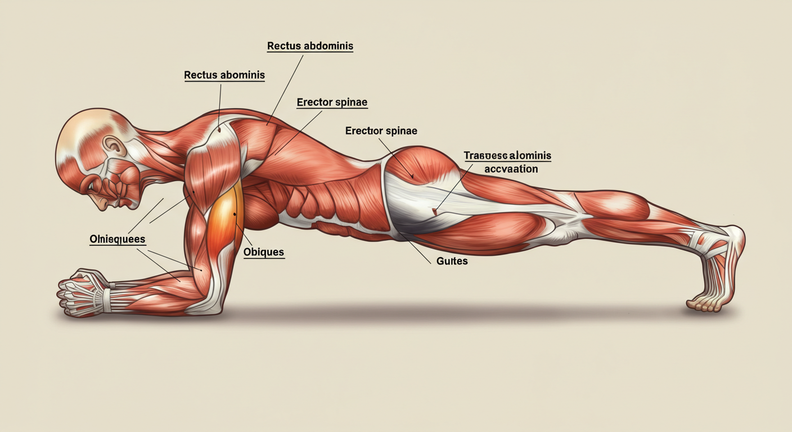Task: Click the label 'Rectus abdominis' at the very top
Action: [x=310, y=46]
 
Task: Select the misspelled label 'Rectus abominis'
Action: [x=224, y=75]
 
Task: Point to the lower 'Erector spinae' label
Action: [x=381, y=131]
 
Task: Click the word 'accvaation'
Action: [x=511, y=169]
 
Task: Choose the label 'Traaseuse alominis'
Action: [x=507, y=155]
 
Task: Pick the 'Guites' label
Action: [x=452, y=261]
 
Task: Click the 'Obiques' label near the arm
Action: [x=264, y=252]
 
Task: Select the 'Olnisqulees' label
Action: [x=118, y=239]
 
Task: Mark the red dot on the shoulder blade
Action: [x=219, y=129]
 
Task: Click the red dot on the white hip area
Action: [x=434, y=211]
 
